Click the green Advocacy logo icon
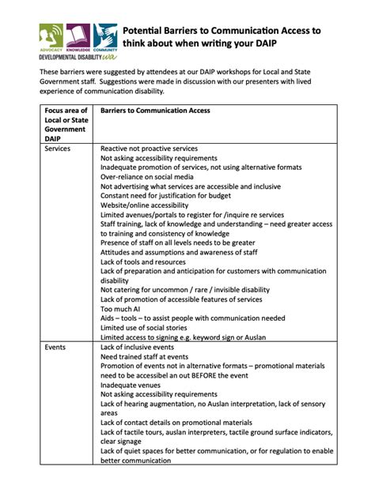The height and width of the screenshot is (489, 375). [x=51, y=35]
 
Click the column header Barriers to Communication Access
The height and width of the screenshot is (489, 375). [x=155, y=111]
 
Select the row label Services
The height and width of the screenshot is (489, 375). [x=58, y=149]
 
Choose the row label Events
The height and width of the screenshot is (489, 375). [x=55, y=347]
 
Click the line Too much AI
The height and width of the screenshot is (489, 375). [x=120, y=309]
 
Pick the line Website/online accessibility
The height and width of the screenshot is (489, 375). [x=150, y=205]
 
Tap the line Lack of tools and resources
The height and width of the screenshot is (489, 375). [x=143, y=261]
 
